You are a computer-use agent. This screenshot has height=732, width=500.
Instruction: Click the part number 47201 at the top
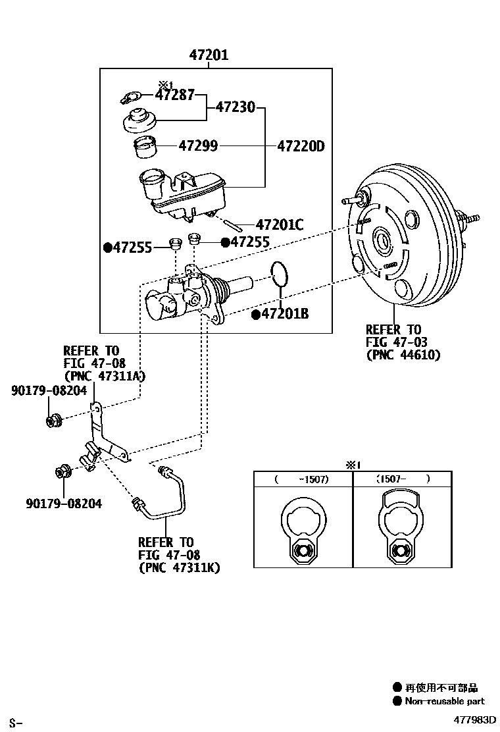click(x=209, y=55)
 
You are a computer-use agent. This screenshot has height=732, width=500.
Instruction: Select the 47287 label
click(x=175, y=95)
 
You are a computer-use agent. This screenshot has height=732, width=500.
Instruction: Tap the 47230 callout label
click(x=235, y=107)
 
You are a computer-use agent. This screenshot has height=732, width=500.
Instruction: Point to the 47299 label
click(x=198, y=146)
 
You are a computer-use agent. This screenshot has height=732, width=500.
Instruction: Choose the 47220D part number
click(x=301, y=146)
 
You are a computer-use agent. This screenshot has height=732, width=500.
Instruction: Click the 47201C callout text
click(x=279, y=225)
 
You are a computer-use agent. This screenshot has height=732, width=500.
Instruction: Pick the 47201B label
click(x=285, y=314)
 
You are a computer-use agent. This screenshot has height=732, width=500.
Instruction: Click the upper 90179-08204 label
click(x=49, y=390)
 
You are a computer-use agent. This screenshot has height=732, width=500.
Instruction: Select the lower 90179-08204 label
click(x=64, y=504)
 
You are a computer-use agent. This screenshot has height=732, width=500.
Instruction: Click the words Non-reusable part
click(x=444, y=701)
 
